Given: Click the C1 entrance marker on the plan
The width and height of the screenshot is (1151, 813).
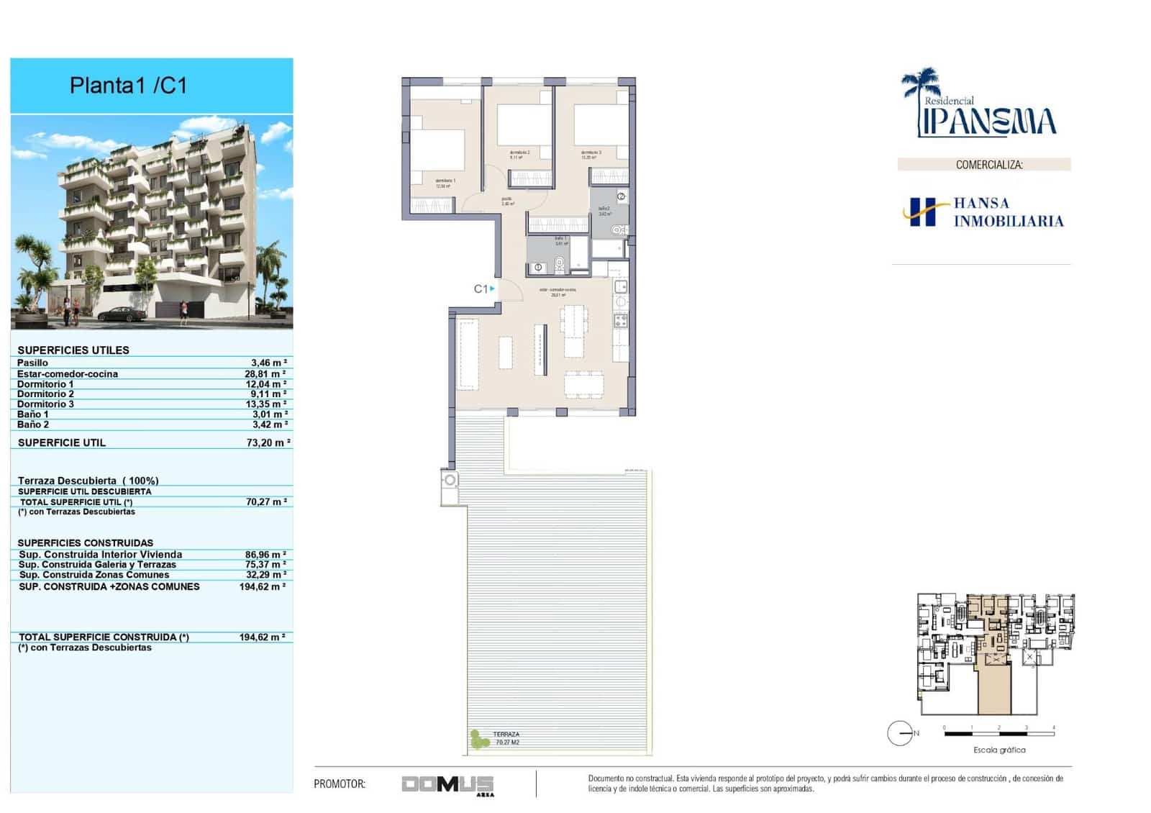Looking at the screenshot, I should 483,289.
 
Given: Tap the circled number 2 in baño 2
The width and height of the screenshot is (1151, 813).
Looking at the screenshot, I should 622,196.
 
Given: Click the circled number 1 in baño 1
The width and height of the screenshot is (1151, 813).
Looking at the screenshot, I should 538,268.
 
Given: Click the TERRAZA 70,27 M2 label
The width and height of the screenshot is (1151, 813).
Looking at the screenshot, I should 506,738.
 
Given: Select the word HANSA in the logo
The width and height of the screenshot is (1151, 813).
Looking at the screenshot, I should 981,204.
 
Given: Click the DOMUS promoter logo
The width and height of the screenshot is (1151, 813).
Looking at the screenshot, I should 447,784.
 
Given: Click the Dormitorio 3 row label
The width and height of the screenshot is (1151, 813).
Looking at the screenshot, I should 45,404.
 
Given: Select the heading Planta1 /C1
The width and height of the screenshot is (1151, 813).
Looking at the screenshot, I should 128,86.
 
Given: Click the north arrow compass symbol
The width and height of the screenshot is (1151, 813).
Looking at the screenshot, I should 900,733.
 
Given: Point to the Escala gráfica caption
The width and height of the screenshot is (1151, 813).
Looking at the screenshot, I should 999,750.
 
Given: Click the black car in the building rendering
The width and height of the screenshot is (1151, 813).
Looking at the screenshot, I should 122,314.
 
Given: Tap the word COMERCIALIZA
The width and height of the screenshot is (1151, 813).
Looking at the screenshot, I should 988,165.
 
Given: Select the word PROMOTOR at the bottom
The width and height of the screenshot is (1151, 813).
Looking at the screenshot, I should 340,784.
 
